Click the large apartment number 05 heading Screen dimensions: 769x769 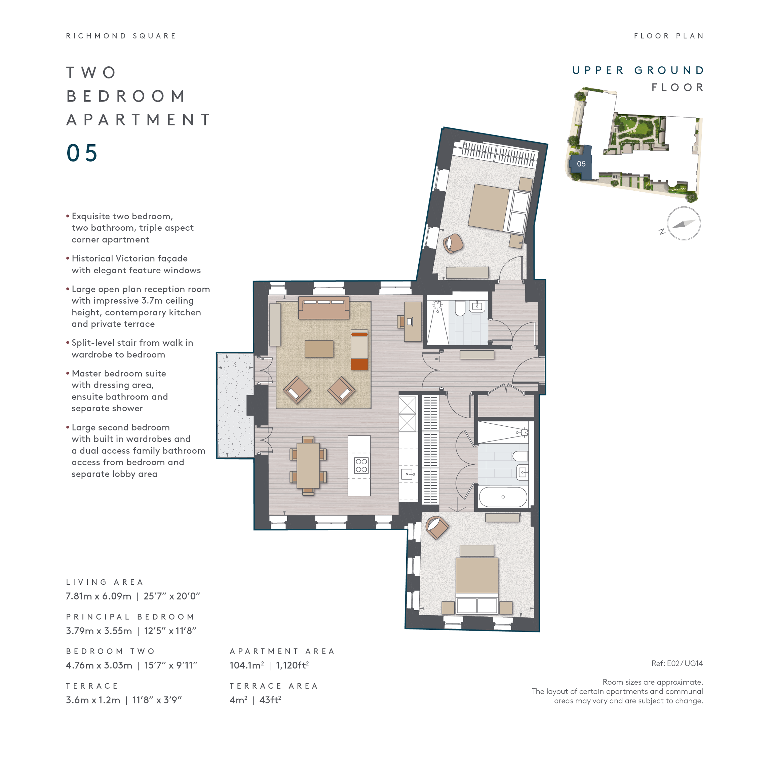(82, 153)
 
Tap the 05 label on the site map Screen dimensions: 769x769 (581, 164)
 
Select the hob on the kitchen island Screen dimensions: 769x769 (361, 466)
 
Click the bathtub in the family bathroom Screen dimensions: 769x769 (503, 497)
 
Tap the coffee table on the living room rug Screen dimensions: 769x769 (319, 349)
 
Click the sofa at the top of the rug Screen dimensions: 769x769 (324, 308)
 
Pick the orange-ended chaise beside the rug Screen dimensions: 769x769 (359, 350)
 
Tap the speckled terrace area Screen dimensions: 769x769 (236, 405)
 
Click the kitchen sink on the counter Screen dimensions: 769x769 (408, 474)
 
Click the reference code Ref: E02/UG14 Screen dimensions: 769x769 (677, 663)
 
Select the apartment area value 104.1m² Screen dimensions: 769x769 (246, 665)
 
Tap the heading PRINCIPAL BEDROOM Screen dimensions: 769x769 (130, 616)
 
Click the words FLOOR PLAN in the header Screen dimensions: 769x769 (669, 36)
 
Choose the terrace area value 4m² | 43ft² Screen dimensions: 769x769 (256, 700)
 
